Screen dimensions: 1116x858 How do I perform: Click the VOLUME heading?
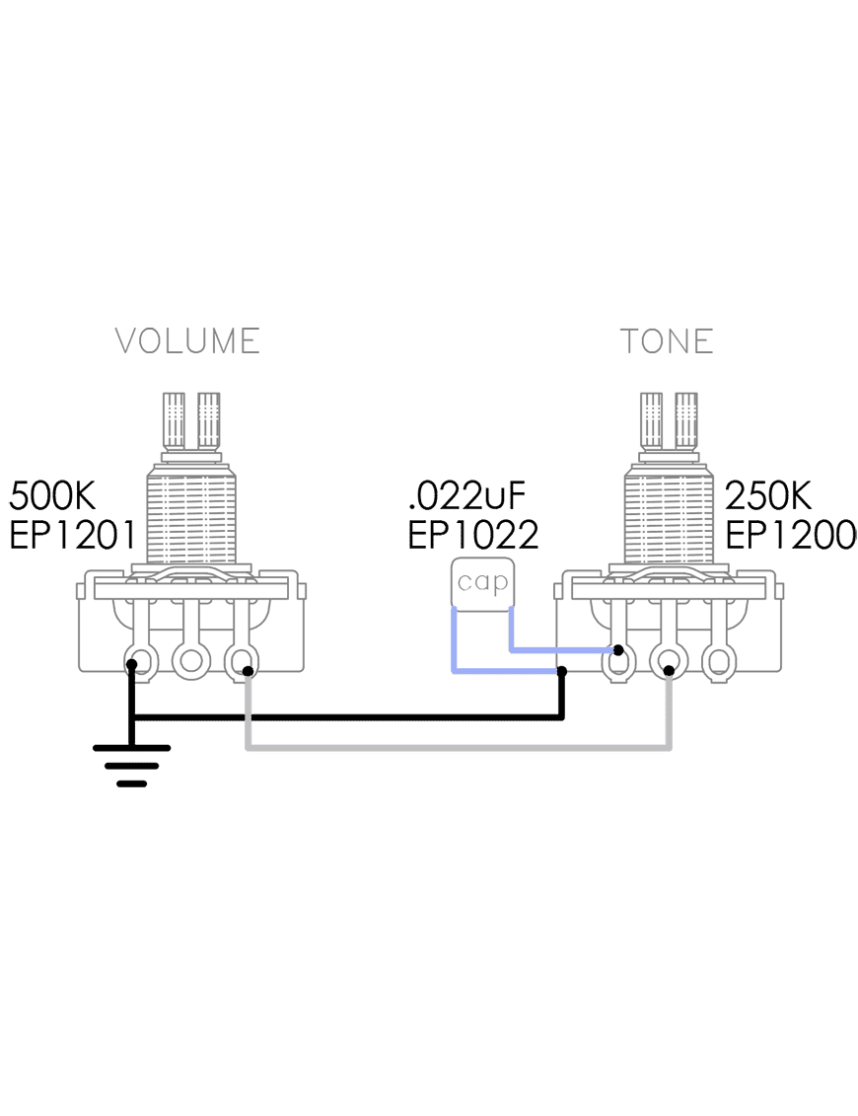[x=187, y=341]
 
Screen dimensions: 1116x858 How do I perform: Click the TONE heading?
[x=667, y=341]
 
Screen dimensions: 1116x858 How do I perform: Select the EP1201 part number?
[x=72, y=535]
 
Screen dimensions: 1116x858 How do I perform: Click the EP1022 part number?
[x=473, y=535]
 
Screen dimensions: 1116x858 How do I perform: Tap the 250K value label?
[x=769, y=494]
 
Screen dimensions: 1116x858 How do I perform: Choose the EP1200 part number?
[x=791, y=535]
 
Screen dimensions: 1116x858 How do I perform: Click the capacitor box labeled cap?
[x=482, y=583]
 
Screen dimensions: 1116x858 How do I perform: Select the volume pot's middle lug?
[x=189, y=658]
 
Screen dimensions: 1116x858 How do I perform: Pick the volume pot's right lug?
[x=241, y=658]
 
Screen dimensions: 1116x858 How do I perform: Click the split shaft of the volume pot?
[x=191, y=420]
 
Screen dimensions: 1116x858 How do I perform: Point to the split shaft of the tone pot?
[x=670, y=420]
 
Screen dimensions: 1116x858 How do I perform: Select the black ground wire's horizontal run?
[x=345, y=717]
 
